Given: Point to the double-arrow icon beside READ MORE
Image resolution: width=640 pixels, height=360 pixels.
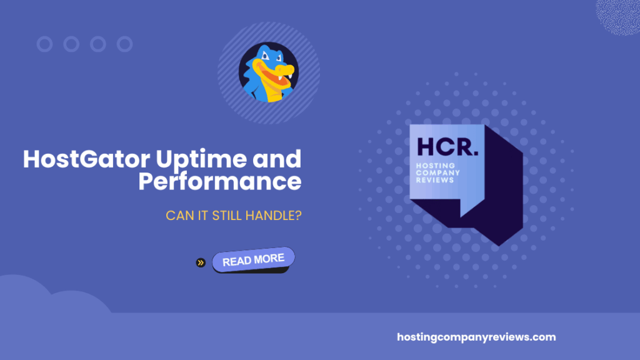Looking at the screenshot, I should (x=201, y=262).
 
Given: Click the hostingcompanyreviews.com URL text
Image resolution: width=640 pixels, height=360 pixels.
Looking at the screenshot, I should (x=476, y=337).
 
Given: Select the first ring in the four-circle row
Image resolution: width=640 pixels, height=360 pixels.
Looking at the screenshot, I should (x=44, y=44).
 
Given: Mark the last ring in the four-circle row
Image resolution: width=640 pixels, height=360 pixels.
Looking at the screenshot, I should (x=125, y=44).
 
